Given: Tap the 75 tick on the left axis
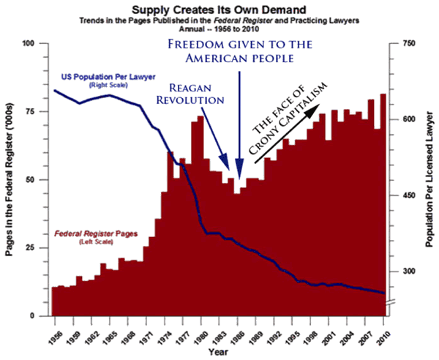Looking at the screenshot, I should click(34, 111).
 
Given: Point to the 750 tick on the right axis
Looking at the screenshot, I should click(402, 44).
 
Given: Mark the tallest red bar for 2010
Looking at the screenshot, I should click(382, 205).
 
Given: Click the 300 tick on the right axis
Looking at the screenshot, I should click(402, 271).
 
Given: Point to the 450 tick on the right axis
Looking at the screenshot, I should click(402, 195).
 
